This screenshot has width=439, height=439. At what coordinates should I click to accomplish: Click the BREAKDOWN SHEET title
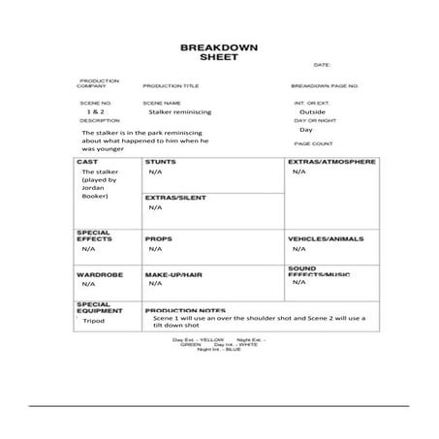(x=218, y=52)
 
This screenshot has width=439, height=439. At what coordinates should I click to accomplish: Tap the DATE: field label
(x=322, y=65)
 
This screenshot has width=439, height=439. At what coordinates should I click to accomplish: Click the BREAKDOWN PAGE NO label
(x=326, y=86)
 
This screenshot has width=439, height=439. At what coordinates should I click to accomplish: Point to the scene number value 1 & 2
(x=95, y=111)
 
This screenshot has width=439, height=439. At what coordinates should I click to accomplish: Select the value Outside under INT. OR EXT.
(x=312, y=111)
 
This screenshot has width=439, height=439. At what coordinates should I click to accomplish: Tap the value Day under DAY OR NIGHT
(x=306, y=129)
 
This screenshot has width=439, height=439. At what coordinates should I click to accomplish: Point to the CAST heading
(x=87, y=161)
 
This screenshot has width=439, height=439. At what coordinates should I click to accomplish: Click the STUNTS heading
(x=160, y=161)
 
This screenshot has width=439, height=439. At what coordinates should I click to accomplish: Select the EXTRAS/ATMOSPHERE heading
(x=331, y=161)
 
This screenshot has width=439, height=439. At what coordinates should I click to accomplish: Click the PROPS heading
(x=158, y=237)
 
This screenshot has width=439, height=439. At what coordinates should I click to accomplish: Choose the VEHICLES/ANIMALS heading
(x=325, y=237)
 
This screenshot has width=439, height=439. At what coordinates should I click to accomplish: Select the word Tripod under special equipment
(x=93, y=321)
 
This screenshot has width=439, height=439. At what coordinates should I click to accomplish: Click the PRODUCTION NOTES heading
(x=185, y=311)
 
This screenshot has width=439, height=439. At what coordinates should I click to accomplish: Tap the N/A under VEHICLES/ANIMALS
(x=298, y=248)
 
